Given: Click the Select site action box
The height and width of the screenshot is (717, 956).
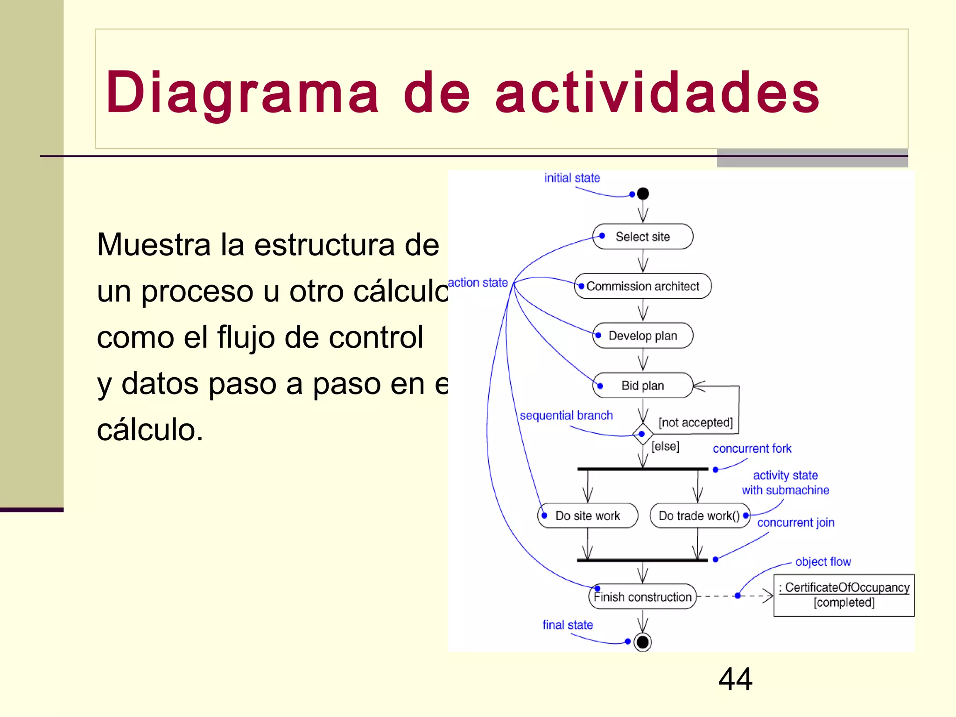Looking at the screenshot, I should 643,237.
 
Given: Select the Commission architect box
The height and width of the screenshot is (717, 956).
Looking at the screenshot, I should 643,286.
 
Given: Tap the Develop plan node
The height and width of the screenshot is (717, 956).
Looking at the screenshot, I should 643,336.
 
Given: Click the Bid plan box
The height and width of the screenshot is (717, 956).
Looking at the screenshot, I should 643,386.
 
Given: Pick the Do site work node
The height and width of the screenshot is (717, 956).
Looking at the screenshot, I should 588,516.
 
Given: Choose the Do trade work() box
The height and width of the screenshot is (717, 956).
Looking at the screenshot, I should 699,516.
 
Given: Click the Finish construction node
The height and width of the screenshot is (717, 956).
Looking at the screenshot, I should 642,597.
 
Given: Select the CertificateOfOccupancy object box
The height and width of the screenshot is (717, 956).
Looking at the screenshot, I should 844,595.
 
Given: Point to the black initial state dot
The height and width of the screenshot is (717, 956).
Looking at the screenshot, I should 643,193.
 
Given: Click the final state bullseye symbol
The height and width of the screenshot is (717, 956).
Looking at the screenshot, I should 643,642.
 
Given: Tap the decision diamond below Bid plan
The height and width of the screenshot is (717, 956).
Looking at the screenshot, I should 642,434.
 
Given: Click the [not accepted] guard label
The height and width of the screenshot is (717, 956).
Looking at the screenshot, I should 695,422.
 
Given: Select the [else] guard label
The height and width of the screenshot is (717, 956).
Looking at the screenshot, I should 665,446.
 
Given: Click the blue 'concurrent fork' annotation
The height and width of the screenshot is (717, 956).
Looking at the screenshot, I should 752,449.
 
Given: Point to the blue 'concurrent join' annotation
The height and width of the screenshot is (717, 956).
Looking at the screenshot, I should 795,523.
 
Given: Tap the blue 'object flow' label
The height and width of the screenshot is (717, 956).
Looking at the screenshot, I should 823,562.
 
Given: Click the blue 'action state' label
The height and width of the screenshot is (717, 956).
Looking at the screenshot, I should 478,282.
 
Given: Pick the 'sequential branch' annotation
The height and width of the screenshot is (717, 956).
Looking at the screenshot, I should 566,415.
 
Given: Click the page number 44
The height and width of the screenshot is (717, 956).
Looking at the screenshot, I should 735,679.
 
